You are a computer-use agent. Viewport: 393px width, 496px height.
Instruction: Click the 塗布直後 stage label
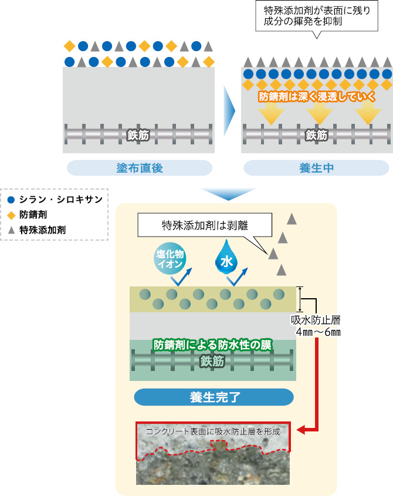(139, 168)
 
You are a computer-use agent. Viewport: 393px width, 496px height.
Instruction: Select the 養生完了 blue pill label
(214, 397)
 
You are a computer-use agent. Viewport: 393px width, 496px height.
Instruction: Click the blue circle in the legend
(12, 200)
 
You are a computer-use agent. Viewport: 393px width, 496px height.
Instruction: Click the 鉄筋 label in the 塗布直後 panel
(138, 134)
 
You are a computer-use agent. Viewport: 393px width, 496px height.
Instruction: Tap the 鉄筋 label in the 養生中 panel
(317, 134)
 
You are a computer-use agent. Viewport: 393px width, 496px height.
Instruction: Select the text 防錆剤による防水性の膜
(212, 345)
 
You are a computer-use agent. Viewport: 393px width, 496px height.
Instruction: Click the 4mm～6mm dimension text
(316, 332)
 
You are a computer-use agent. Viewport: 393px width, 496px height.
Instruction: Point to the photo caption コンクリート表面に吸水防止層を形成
(213, 431)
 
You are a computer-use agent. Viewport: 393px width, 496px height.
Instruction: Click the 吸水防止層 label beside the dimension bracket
(316, 320)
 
